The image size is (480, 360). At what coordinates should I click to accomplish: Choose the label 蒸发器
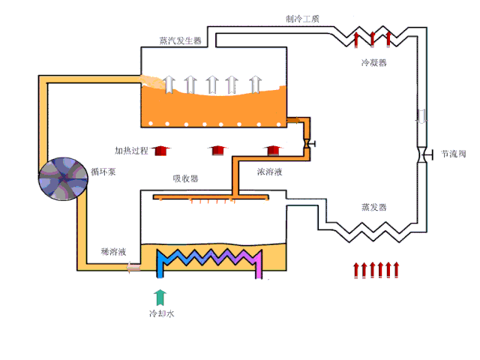373,207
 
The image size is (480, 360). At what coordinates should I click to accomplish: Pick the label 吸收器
185,178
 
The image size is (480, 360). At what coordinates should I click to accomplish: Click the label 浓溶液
269,172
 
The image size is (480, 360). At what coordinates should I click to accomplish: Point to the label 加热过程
131,151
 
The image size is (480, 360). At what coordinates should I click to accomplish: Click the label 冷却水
161,313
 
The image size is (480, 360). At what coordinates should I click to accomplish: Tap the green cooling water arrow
159,295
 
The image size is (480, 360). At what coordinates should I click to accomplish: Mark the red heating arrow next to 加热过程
160,151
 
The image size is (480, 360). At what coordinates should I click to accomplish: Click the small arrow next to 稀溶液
133,266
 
